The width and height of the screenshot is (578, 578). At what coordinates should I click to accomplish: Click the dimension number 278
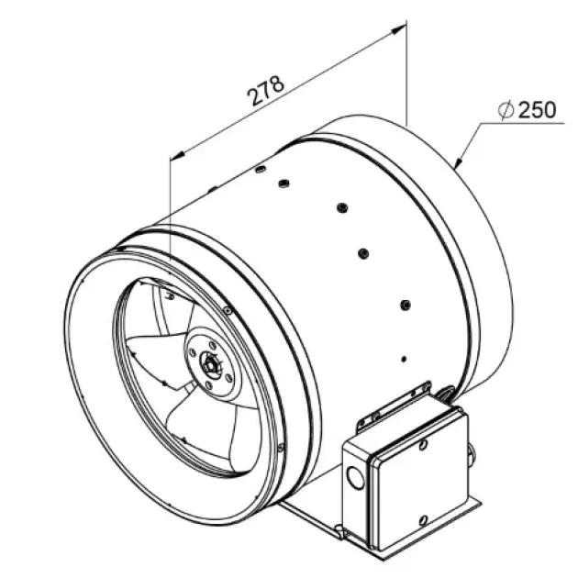coord(265,91)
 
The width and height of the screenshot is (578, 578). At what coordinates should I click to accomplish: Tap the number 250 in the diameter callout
coord(537,110)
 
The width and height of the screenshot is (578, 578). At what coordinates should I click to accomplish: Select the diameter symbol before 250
coord(506,109)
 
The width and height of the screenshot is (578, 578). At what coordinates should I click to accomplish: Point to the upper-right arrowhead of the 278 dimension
coord(398,30)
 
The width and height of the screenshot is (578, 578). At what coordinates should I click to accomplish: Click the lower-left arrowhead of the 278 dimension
coord(177,155)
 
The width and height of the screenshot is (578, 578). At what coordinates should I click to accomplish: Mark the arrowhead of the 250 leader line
coord(459,162)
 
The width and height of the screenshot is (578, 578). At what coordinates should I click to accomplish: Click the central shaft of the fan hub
coord(210,364)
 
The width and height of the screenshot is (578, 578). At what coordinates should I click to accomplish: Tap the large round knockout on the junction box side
coord(355,477)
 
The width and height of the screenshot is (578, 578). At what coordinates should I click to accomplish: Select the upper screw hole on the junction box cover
coord(424,445)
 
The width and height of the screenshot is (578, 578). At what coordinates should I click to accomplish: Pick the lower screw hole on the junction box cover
coord(423,520)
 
